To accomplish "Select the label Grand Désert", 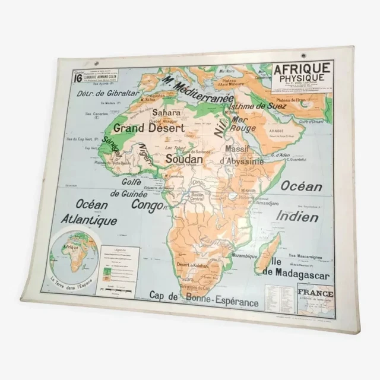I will pos(148,127).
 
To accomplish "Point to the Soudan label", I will pos(184,159).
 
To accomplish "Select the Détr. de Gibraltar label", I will pos(108,94).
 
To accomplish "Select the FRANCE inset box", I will pos(316,299).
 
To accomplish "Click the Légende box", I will pos(119,267).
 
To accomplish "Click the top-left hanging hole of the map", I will pos(96,64).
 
